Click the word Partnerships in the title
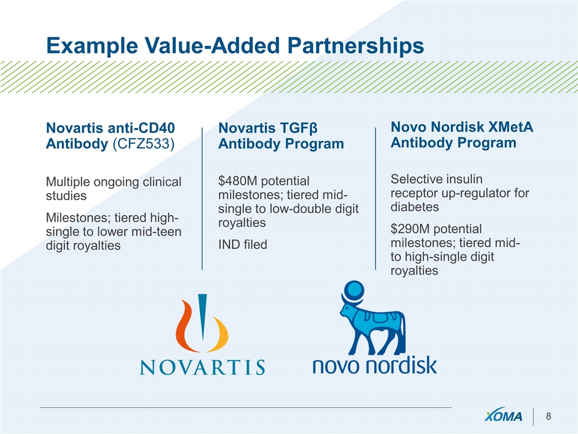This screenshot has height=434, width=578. coord(356,46)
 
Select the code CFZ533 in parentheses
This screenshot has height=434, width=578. coord(143,143)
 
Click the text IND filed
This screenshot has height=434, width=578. coord(243,244)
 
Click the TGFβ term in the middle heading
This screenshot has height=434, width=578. coord(299,128)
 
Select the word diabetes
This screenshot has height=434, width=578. coord(415,207)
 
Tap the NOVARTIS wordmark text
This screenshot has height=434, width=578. coord(202,367)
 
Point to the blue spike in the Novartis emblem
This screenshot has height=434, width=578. coord(202,315)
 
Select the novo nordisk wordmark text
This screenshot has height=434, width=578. coord(374,365)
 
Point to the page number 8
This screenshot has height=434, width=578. coord(548,417)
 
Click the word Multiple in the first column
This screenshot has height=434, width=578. coord(68,182)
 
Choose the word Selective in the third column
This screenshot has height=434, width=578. coord(416,179)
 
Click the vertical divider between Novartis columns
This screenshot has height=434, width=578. coord(202,198)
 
